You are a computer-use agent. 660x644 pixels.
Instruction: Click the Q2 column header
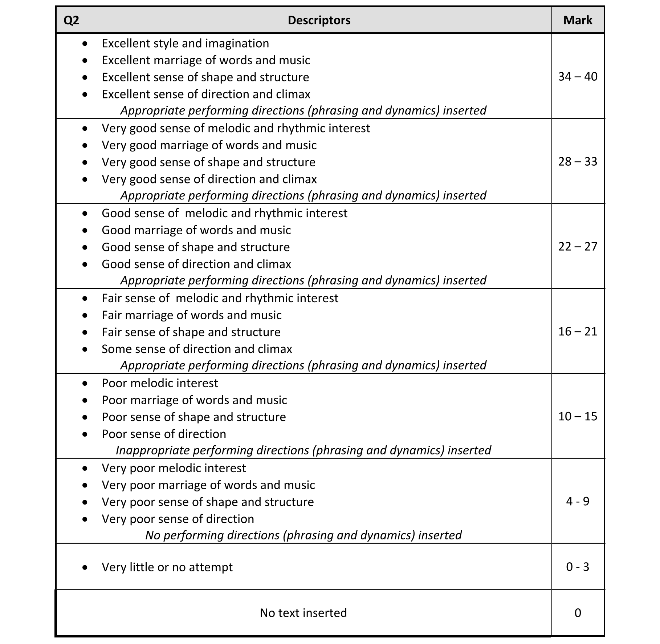(x=71, y=20)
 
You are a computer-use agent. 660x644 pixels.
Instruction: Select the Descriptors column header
(x=319, y=20)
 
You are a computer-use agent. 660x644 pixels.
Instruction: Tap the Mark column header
(x=578, y=20)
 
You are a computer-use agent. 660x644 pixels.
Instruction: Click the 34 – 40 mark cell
(x=578, y=77)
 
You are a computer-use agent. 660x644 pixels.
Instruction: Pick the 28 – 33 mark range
(x=578, y=162)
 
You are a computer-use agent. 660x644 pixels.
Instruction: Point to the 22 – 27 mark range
(x=578, y=247)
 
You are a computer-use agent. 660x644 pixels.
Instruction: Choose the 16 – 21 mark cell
(x=578, y=332)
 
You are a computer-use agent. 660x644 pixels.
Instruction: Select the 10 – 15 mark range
(x=578, y=417)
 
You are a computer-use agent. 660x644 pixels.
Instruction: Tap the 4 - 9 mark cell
(x=578, y=502)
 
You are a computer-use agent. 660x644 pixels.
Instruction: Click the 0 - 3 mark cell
(x=578, y=567)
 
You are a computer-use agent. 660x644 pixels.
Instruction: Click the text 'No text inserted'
(x=303, y=613)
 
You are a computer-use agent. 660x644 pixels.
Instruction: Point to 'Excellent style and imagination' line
(x=185, y=44)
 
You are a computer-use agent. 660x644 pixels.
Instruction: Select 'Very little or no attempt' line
(x=167, y=567)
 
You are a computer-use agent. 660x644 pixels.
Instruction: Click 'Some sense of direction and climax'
(x=197, y=349)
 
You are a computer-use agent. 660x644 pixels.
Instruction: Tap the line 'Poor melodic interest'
(x=160, y=383)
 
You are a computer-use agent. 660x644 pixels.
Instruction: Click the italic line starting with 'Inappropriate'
(x=303, y=450)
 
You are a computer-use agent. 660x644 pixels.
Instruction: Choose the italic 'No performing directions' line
(x=303, y=535)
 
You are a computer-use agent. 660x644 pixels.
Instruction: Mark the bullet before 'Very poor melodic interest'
(x=85, y=469)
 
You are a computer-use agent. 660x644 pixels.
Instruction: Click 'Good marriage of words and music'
(x=196, y=230)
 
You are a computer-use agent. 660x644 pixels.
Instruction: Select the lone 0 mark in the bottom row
(x=578, y=613)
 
